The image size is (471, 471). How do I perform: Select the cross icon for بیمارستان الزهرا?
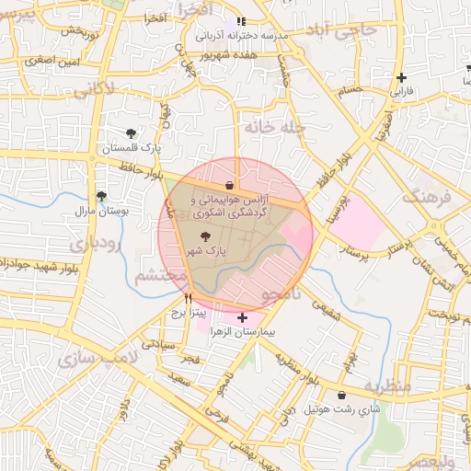(242, 317)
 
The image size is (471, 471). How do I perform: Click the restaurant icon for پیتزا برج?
(189, 298)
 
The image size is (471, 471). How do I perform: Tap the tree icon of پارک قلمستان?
(131, 133)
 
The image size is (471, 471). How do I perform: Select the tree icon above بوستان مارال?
(101, 196)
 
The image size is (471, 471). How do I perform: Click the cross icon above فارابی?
(400, 78)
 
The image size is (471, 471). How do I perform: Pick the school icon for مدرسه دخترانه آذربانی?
(241, 21)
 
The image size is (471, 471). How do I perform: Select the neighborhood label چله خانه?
(271, 125)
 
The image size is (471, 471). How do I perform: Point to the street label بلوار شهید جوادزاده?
(37, 264)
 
